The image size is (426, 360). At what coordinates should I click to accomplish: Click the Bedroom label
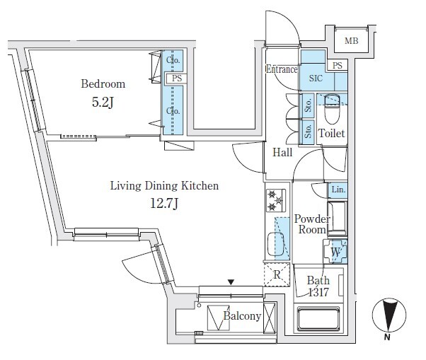[103, 84]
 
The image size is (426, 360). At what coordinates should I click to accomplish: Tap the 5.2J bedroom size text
[103, 102]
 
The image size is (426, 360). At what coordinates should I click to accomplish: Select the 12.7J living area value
[164, 203]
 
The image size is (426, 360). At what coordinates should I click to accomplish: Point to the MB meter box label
[351, 41]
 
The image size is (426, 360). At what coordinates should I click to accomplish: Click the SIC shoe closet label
[316, 79]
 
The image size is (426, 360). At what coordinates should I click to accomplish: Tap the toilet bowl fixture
[332, 109]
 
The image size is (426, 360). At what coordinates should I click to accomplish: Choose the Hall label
[282, 152]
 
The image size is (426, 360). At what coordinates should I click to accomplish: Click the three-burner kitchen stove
[275, 200]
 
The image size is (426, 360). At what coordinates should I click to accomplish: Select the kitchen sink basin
[276, 244]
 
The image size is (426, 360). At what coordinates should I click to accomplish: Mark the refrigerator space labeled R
[277, 274]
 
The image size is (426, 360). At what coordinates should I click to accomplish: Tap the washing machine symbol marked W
[335, 252]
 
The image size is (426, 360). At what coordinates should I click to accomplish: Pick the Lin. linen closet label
[338, 190]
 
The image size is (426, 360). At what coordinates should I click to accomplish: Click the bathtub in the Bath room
[318, 319]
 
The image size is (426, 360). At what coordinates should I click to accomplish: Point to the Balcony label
[242, 315]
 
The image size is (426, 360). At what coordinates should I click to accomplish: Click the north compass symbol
[388, 315]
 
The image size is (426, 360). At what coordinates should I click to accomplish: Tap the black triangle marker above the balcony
[231, 282]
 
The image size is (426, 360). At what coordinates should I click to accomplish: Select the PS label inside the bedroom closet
[177, 79]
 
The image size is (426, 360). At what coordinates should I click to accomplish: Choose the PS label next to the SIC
[337, 66]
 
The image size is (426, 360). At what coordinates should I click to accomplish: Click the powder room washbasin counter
[337, 219]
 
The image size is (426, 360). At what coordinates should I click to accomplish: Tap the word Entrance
[282, 69]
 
